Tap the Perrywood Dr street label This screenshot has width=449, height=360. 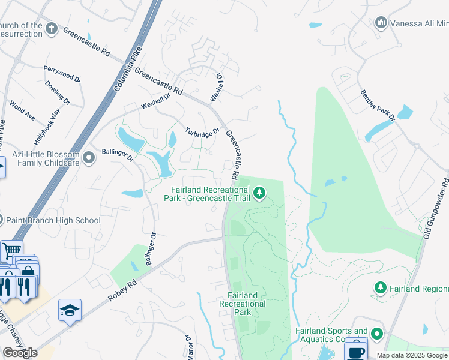click(62, 74)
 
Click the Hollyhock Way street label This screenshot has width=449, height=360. click(47, 126)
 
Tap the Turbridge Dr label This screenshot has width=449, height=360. click(202, 132)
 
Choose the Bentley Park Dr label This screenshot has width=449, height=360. click(378, 105)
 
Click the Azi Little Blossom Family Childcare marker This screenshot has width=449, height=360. click(89, 158)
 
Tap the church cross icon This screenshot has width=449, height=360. click(52, 28)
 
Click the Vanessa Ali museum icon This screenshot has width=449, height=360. click(381, 23)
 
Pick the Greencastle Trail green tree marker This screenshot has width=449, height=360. click(259, 193)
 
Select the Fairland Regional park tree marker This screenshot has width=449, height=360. click(380, 289)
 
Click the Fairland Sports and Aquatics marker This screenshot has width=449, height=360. click(376, 333)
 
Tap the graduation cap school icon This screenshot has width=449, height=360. click(70, 310)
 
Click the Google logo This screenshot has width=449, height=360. click(20, 353)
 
